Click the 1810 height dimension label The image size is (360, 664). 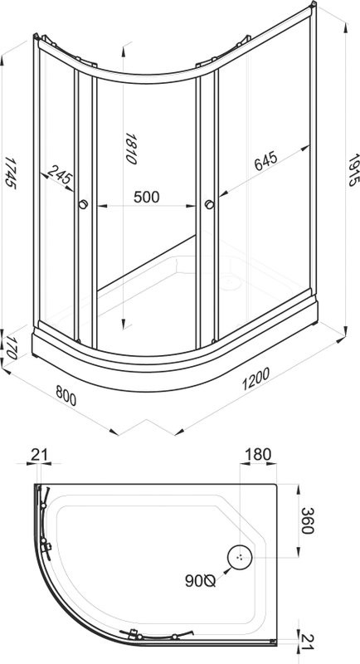(x=131, y=149)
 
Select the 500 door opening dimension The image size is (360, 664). (x=146, y=197)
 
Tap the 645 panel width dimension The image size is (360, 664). (x=265, y=160)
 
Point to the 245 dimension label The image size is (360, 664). (x=59, y=175)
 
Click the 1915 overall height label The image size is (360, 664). (x=353, y=170)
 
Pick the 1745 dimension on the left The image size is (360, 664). (x=10, y=173)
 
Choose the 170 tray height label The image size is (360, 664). (x=11, y=348)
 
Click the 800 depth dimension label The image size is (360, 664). (x=66, y=397)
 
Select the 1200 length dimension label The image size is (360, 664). (x=255, y=379)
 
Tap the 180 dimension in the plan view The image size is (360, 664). (x=258, y=454)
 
